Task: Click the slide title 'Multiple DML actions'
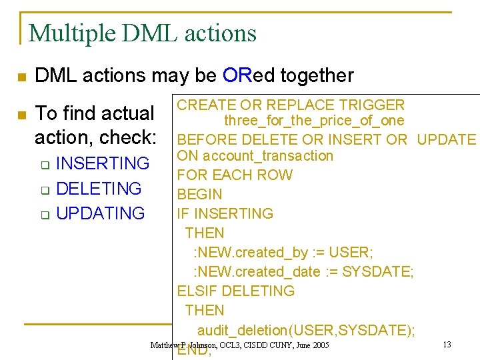(143, 33)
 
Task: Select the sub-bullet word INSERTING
(103, 163)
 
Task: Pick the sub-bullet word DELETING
(99, 189)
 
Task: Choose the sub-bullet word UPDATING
(101, 213)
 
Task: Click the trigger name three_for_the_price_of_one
(314, 121)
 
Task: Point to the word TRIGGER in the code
(371, 105)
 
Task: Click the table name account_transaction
(267, 156)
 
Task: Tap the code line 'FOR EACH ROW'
(235, 175)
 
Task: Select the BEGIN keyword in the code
(199, 195)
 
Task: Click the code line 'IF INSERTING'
(225, 214)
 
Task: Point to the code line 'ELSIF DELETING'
(235, 291)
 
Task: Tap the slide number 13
(447, 345)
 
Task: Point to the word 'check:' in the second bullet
(131, 138)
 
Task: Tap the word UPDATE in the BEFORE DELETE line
(446, 140)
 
